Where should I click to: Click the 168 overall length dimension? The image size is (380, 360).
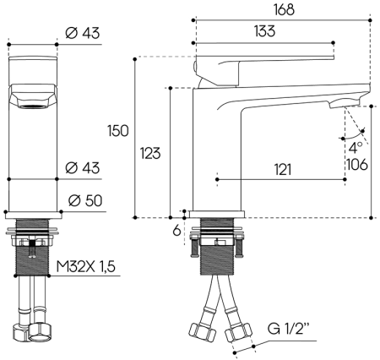pyautogui.click(x=283, y=9)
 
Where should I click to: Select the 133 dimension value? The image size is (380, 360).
pyautogui.click(x=265, y=31)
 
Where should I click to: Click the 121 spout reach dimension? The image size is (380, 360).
pyautogui.click(x=283, y=170)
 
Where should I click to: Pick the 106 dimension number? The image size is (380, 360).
pyautogui.click(x=357, y=164)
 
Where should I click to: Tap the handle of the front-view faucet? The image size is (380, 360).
pyautogui.click(x=33, y=95)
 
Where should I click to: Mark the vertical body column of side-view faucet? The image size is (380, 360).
pyautogui.click(x=215, y=152)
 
